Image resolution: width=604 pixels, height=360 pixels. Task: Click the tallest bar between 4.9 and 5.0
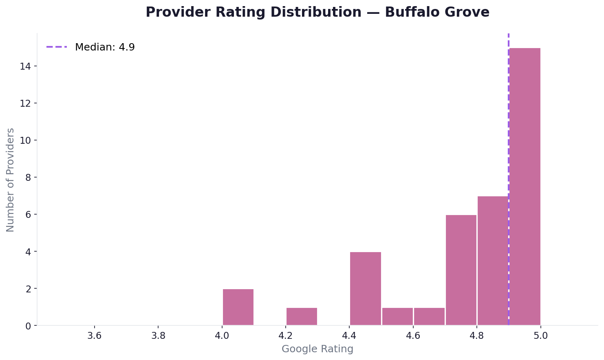pos(525,187)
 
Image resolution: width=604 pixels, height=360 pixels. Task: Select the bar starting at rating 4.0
pos(238,307)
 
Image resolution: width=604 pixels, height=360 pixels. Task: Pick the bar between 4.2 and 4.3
pos(302,316)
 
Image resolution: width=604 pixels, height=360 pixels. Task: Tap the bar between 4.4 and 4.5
pos(366,288)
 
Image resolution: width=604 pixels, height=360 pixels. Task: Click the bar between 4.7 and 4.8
pos(461,270)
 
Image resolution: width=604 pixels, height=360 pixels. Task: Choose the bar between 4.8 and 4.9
pos(493,261)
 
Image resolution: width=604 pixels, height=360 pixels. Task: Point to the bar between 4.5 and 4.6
pos(397,316)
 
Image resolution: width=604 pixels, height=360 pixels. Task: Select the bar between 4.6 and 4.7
pos(429,316)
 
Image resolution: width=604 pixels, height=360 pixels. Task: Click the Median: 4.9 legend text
pos(105,47)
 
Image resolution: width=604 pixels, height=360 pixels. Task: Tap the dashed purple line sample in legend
pos(57,47)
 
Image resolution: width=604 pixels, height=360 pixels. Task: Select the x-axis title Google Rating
pos(317,349)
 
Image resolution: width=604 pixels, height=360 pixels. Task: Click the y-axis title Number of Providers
pos(11,180)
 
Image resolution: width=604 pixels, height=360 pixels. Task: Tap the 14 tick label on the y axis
pos(25,66)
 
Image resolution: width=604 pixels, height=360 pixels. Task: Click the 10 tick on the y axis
pos(25,140)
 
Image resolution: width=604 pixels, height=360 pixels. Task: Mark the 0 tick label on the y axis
pos(28,326)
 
